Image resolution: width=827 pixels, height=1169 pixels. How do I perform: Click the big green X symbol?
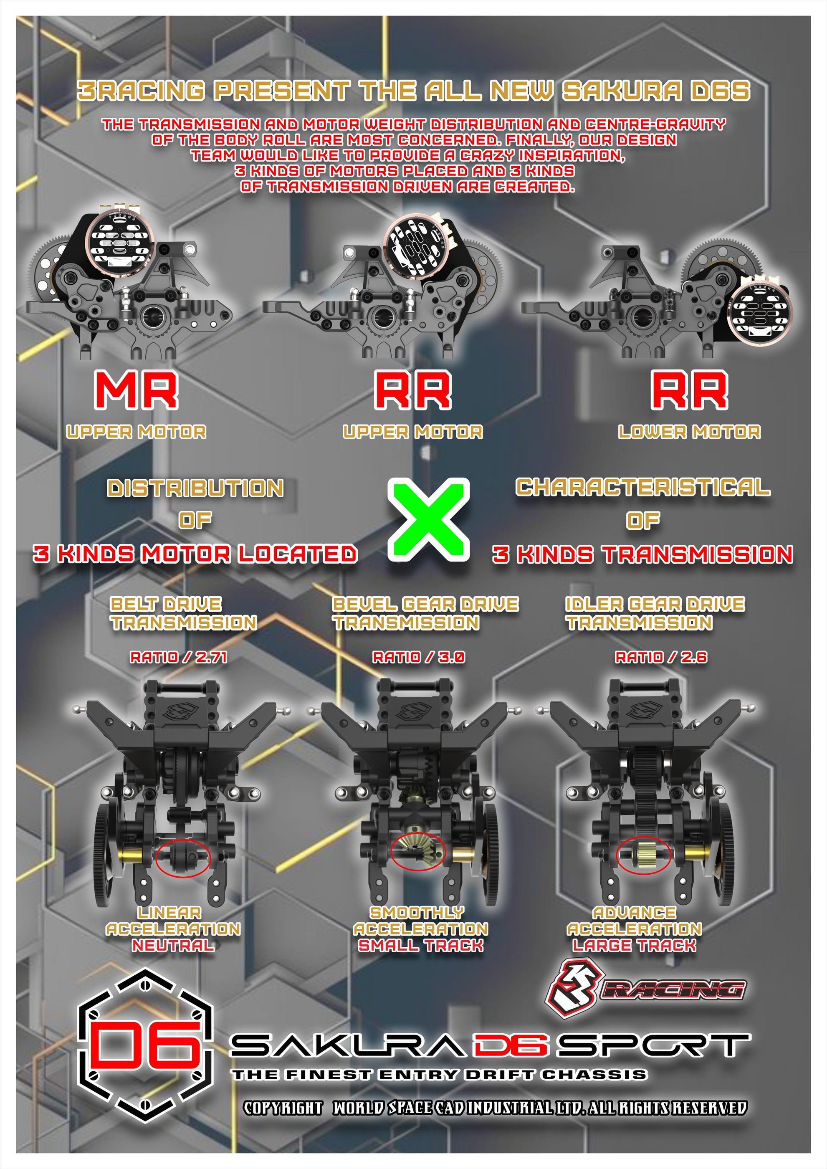pos(429,519)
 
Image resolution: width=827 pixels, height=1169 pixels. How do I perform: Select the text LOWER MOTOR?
pos(689,432)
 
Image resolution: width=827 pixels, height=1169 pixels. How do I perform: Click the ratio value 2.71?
pos(211,657)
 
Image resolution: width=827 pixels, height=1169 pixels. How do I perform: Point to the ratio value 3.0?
pos(452,657)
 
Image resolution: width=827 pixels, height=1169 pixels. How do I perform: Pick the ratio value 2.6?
pos(693,657)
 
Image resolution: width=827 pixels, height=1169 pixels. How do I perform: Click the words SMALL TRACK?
pos(421,946)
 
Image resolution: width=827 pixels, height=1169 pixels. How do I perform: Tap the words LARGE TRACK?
pos(634,946)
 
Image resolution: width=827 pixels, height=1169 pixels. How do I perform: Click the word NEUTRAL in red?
pos(173,946)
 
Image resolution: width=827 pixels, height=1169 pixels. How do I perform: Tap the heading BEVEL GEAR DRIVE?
pos(425,605)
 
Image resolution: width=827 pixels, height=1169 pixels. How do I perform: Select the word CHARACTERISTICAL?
pos(642,487)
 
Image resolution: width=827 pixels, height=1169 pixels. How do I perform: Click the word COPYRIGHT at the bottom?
pos(283,1108)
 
